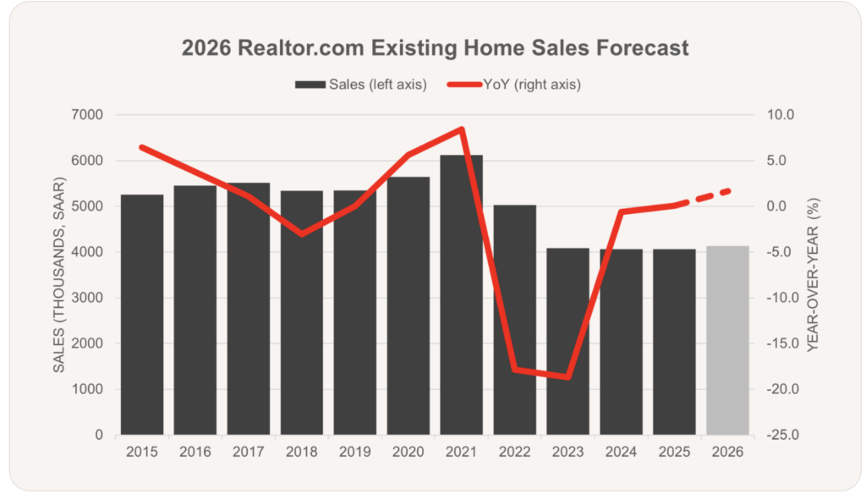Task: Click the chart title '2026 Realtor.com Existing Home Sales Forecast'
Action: point(435,48)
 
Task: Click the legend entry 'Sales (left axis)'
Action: point(361,85)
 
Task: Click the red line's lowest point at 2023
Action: point(567,377)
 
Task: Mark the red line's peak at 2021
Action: point(461,129)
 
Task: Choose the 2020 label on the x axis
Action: point(408,453)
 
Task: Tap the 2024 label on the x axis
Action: point(621,453)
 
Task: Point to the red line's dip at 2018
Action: point(302,233)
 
